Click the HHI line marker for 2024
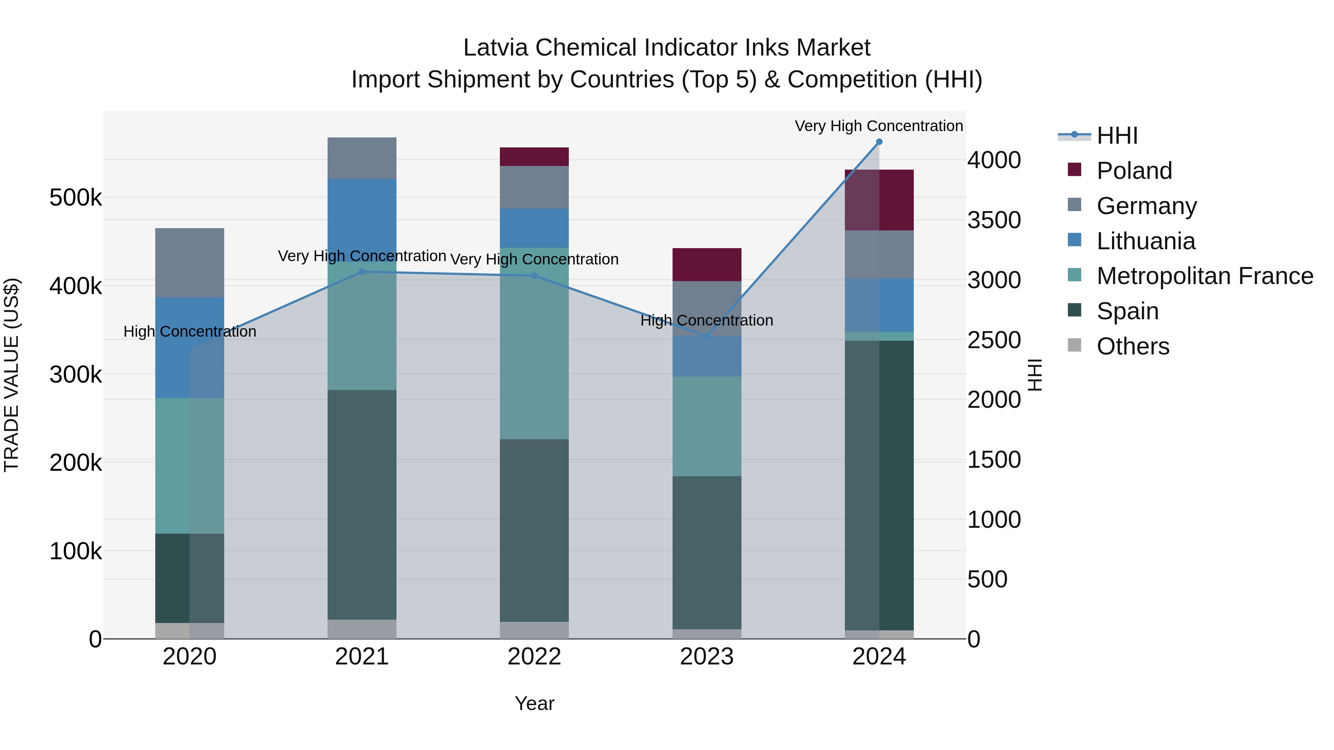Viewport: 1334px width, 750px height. pyautogui.click(x=879, y=142)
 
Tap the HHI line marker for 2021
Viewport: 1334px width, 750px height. pyautogui.click(x=362, y=272)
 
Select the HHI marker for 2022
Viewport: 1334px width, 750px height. pyautogui.click(x=534, y=276)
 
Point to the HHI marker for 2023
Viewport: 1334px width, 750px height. pyautogui.click(x=706, y=336)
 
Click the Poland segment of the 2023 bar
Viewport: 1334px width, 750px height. pyautogui.click(x=706, y=264)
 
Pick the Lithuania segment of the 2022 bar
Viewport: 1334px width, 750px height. pyautogui.click(x=534, y=228)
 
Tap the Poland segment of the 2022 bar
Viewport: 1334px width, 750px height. pyautogui.click(x=534, y=156)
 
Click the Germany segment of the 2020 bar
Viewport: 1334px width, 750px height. pyautogui.click(x=189, y=263)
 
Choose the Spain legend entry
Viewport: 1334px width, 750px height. pyautogui.click(x=1127, y=311)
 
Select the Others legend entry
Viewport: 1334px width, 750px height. pyautogui.click(x=1132, y=346)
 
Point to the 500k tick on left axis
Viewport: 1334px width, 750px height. pyautogui.click(x=76, y=198)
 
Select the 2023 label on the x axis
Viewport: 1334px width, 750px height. pyautogui.click(x=706, y=657)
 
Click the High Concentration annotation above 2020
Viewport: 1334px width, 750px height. pyautogui.click(x=189, y=331)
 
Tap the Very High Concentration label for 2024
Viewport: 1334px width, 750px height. pyautogui.click(x=879, y=126)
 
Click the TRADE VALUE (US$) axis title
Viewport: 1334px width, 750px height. pyautogui.click(x=11, y=375)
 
